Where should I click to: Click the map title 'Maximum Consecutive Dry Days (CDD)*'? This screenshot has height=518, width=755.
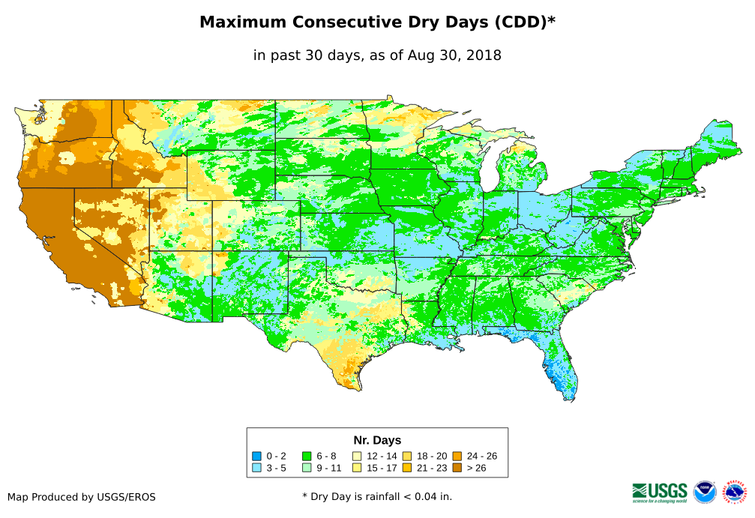tap(377, 22)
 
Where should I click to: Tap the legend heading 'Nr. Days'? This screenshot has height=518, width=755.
tap(377, 440)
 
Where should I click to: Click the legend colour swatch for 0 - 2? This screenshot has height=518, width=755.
tap(257, 456)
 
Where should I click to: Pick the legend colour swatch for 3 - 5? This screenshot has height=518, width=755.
tap(257, 468)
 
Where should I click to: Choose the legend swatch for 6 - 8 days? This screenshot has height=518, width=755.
tap(307, 456)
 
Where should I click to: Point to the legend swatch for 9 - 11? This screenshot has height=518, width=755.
tap(307, 468)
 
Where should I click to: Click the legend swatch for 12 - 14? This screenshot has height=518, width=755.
tap(357, 456)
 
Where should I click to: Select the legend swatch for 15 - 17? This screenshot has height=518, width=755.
tap(357, 468)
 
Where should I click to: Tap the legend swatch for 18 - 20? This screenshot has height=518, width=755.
tap(407, 456)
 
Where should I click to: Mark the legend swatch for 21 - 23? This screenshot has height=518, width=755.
tap(407, 468)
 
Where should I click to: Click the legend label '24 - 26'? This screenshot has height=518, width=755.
tap(481, 456)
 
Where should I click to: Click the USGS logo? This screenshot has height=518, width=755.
tap(660, 492)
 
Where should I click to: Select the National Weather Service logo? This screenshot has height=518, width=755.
tap(736, 493)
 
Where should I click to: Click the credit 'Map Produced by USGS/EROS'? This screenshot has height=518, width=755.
tap(82, 497)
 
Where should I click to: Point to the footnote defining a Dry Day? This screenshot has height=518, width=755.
tap(377, 496)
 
